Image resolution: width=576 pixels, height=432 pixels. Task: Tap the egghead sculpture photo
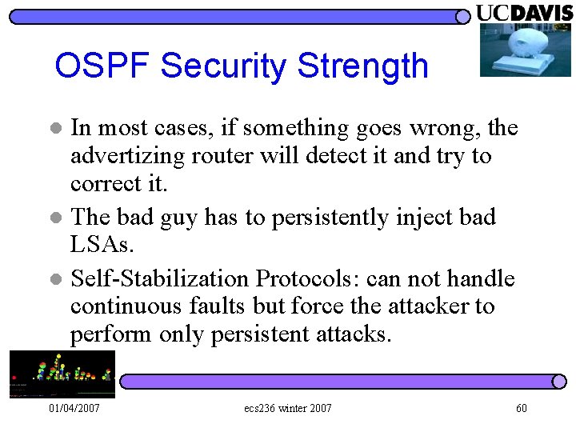[525, 50]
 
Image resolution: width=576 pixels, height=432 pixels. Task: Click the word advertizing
[128, 156]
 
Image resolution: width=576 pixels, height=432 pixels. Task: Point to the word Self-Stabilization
[160, 279]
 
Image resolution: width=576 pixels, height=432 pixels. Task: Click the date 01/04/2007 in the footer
[74, 409]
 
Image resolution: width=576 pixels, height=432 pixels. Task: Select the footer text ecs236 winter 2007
[288, 409]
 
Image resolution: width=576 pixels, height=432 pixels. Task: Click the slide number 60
[521, 409]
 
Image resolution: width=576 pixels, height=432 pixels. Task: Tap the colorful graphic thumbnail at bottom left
[62, 374]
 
